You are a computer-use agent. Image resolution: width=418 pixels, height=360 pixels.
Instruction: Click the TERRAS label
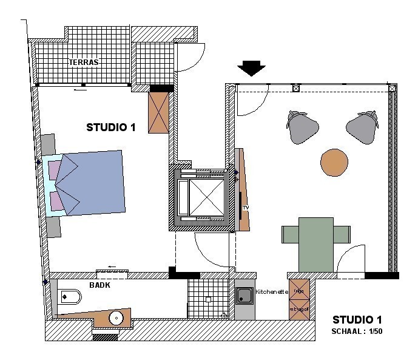[84, 62]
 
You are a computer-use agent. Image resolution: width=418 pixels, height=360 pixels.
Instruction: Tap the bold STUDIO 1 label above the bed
[111, 127]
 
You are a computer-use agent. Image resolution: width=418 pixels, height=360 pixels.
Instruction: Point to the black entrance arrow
[251, 68]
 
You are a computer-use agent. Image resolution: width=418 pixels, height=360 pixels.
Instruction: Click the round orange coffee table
[334, 161]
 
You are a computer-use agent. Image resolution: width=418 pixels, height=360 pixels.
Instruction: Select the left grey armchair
[302, 128]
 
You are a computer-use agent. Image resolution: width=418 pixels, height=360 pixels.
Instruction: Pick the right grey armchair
[363, 128]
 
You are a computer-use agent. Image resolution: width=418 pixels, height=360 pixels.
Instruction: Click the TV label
[246, 208]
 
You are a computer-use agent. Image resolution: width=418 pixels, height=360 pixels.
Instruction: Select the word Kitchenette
[272, 292]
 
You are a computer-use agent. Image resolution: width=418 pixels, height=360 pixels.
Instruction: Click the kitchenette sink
[245, 297]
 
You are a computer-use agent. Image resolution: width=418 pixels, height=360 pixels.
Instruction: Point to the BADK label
[99, 285]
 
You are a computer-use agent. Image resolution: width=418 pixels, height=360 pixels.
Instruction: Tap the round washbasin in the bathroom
[116, 317]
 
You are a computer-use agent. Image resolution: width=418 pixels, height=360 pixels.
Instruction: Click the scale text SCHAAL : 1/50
[357, 331]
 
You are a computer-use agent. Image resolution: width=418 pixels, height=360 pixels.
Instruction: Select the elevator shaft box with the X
[201, 197]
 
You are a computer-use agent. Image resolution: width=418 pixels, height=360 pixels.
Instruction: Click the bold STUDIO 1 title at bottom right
[357, 320]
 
